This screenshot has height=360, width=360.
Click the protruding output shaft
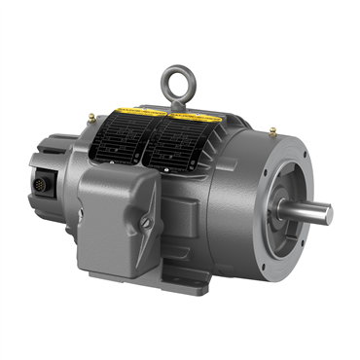[308, 211]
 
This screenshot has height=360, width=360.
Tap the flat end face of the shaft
[327, 213]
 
